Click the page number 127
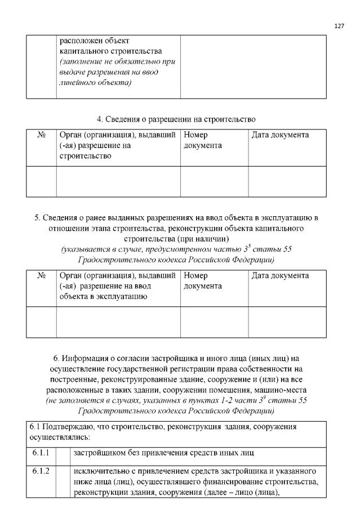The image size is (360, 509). point(339,26)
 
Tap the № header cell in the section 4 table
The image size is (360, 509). point(41,135)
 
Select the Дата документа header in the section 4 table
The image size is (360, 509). point(279,135)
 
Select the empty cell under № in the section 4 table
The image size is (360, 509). point(41,181)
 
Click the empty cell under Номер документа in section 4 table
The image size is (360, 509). point(214,181)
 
